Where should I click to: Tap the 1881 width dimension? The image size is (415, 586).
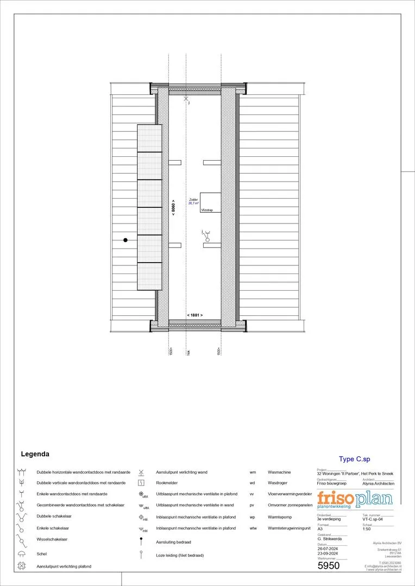(x=195, y=315)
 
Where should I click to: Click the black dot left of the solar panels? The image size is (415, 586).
(x=125, y=239)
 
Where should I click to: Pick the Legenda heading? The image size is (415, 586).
(x=35, y=454)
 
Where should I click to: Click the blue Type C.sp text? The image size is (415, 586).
(x=354, y=459)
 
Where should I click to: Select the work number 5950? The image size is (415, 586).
(x=329, y=566)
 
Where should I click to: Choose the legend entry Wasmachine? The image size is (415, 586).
(x=279, y=472)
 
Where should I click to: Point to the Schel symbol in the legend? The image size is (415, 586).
(x=22, y=554)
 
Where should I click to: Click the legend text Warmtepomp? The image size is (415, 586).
(x=278, y=517)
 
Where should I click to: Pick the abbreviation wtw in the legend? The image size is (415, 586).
(x=253, y=528)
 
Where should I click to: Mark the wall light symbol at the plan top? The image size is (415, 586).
(x=187, y=100)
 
